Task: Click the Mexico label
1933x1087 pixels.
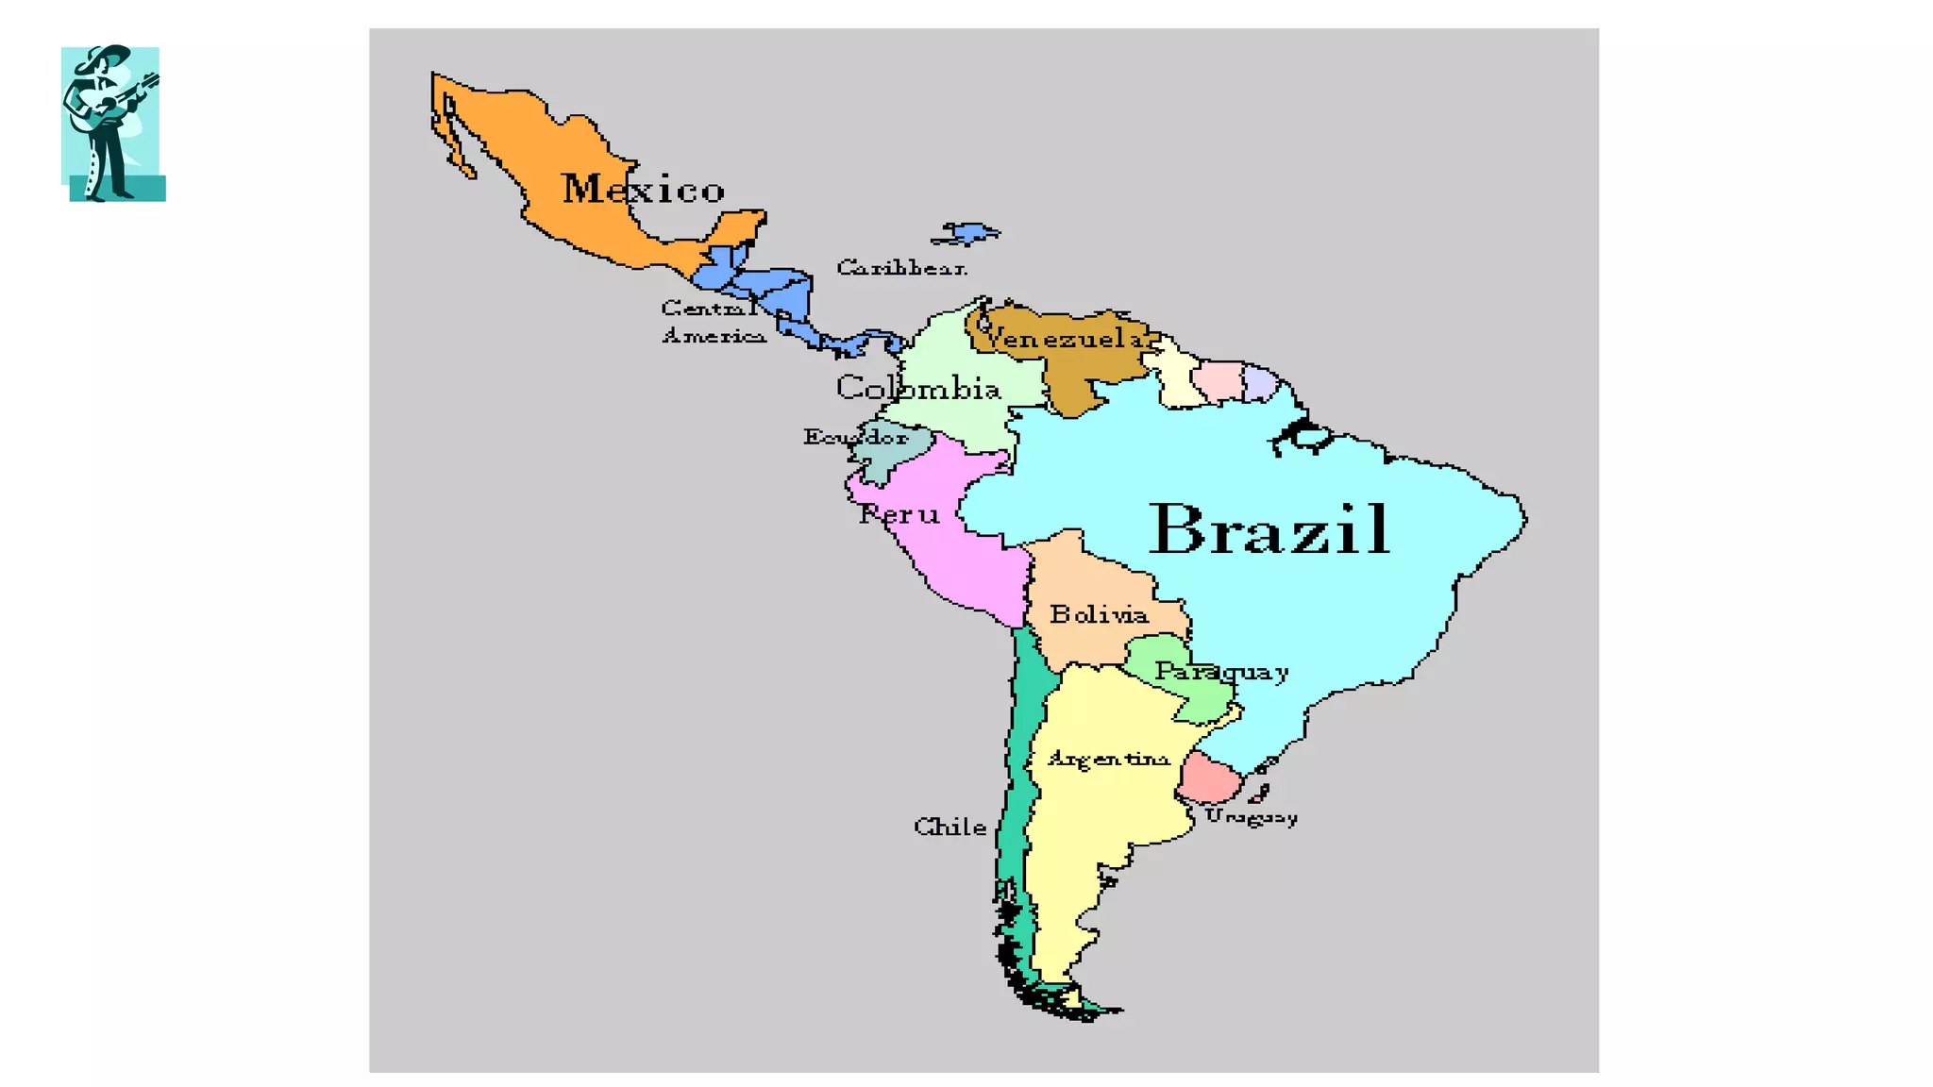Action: click(x=643, y=189)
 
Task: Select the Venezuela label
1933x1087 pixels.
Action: click(x=1065, y=338)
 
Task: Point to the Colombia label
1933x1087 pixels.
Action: click(x=917, y=388)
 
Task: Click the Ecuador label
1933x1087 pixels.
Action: click(x=855, y=437)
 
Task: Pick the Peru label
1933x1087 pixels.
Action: click(x=899, y=514)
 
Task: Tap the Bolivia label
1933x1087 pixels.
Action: click(x=1099, y=615)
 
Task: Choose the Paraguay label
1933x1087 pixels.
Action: click(x=1221, y=672)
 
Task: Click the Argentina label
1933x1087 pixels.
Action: click(x=1108, y=759)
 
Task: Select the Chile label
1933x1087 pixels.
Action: click(x=950, y=828)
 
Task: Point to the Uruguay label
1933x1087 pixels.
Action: click(x=1251, y=817)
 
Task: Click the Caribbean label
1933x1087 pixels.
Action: click(x=901, y=268)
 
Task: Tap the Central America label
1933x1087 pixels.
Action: click(x=713, y=322)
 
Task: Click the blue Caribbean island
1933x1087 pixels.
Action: click(x=966, y=232)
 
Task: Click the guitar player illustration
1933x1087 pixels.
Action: click(x=112, y=123)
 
